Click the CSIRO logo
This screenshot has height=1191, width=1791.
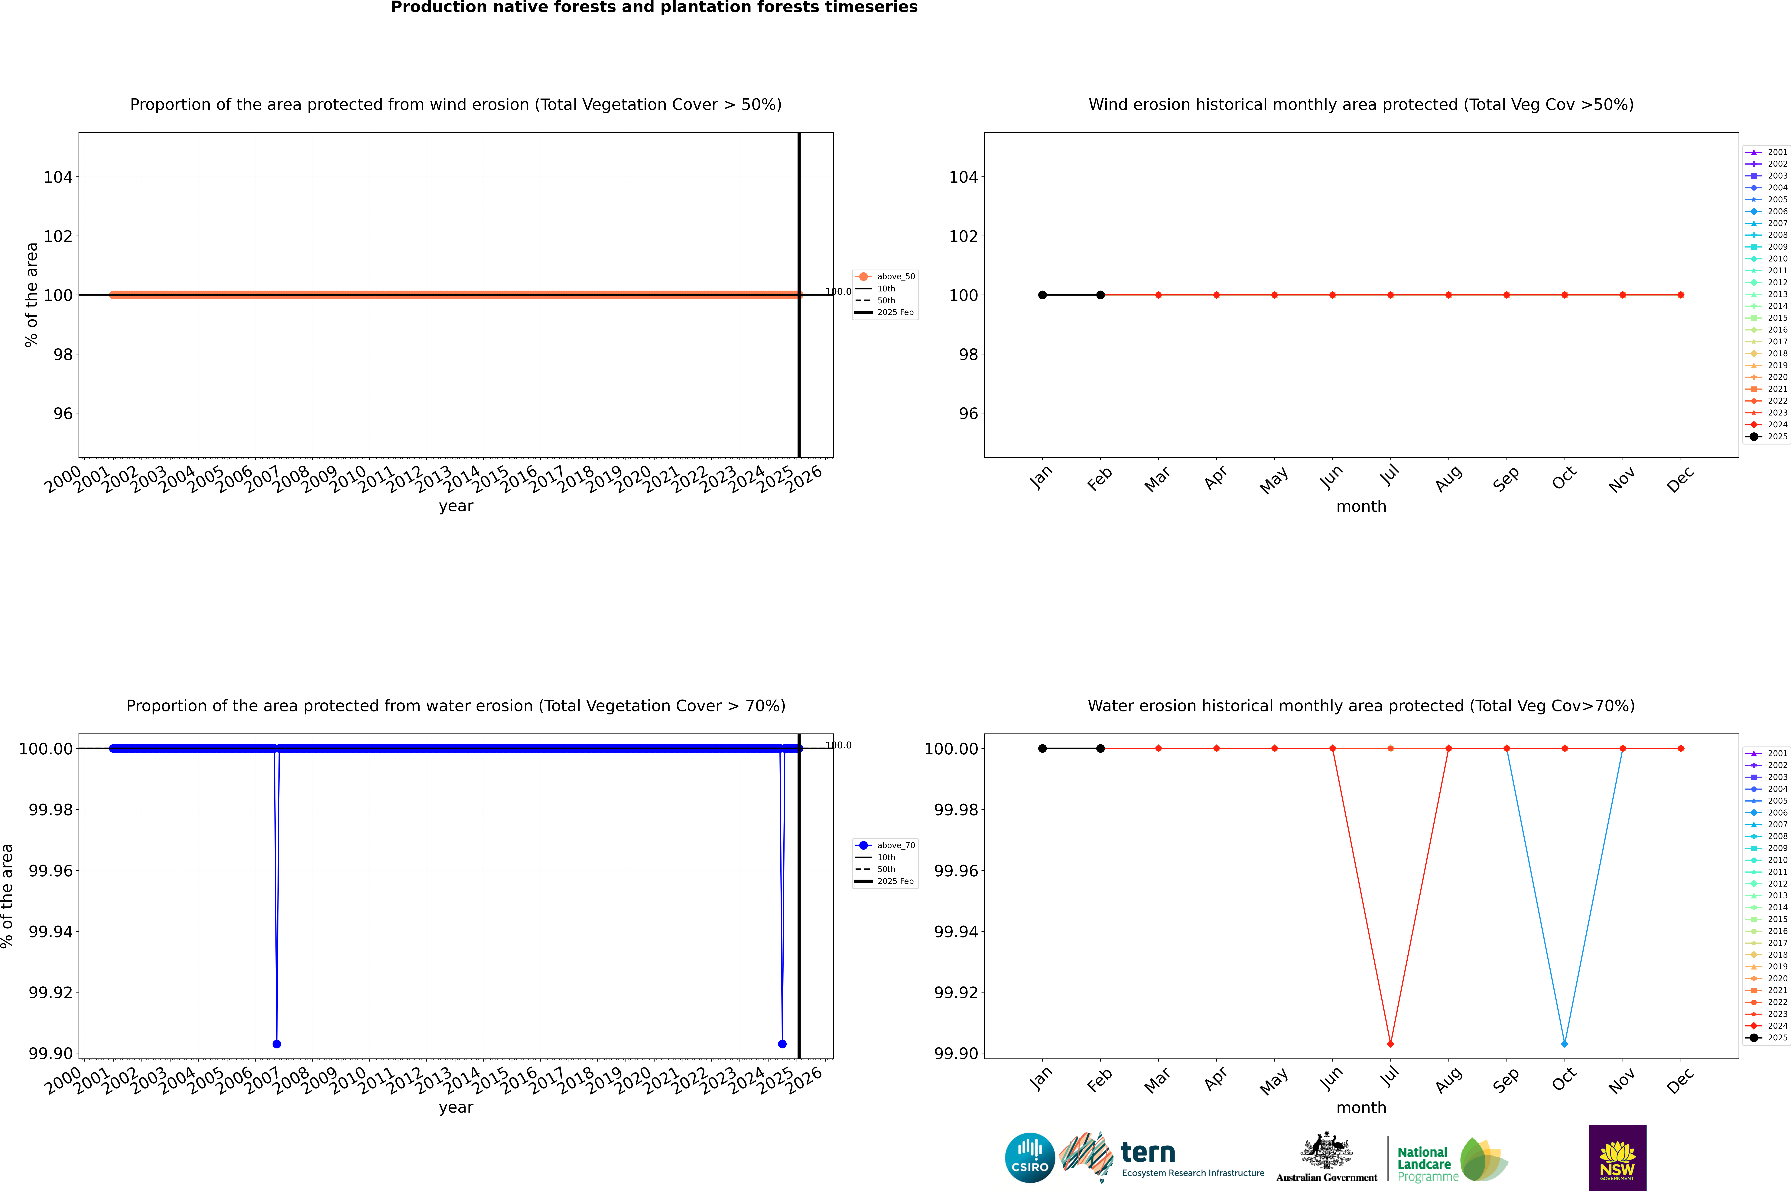click(x=1029, y=1158)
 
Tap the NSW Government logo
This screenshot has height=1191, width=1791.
click(x=1617, y=1158)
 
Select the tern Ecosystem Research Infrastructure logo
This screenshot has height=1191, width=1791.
click(x=1162, y=1158)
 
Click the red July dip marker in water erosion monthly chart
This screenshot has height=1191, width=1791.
click(x=1390, y=1044)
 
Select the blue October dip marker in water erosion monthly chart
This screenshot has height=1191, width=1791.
click(x=1564, y=1044)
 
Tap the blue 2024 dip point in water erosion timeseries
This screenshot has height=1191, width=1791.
click(x=782, y=1044)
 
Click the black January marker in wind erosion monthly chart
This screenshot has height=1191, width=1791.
click(x=1042, y=295)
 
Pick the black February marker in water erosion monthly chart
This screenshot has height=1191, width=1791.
click(x=1100, y=748)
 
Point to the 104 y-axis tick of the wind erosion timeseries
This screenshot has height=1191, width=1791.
click(x=58, y=177)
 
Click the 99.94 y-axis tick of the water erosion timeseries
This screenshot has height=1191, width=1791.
click(x=50, y=931)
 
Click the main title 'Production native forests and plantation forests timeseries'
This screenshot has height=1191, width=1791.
click(x=654, y=8)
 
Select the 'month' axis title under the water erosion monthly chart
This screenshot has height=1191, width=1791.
click(x=1360, y=1107)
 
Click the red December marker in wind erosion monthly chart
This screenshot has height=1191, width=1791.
click(x=1680, y=295)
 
